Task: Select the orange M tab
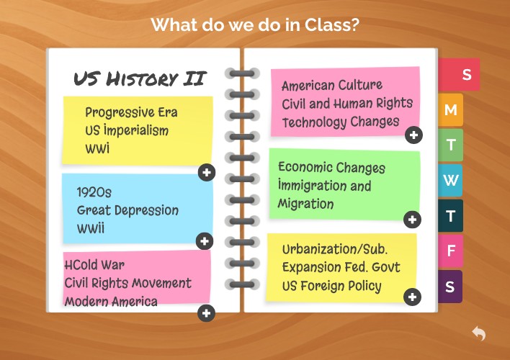click(x=451, y=110)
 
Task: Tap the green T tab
click(x=451, y=145)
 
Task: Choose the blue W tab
click(x=451, y=180)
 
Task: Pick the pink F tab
click(x=451, y=251)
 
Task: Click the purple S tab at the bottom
click(x=450, y=287)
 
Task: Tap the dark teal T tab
click(x=451, y=215)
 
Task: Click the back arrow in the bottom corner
click(x=479, y=333)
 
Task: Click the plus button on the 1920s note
click(x=205, y=241)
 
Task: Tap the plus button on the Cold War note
click(x=207, y=312)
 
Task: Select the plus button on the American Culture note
click(x=413, y=135)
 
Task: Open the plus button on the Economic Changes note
click(x=412, y=220)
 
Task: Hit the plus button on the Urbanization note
click(x=412, y=297)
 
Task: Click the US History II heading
click(x=140, y=78)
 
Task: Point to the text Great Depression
click(x=127, y=210)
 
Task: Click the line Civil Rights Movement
click(x=127, y=283)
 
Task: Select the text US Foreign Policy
click(x=331, y=286)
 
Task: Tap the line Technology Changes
click(x=340, y=122)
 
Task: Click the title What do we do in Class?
click(x=255, y=25)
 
